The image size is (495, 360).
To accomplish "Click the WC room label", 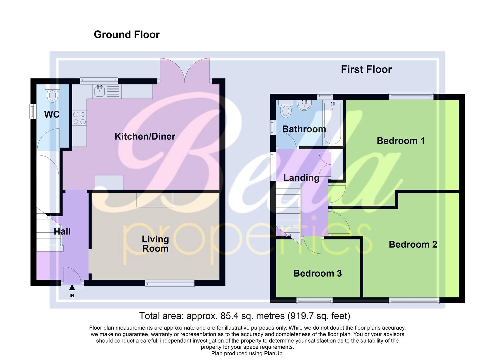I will [52, 115].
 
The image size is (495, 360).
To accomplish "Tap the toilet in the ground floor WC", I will [52, 95].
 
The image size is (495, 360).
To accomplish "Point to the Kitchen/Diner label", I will [145, 136].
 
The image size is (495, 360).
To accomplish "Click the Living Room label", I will [155, 244].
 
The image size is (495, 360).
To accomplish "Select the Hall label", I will [62, 231].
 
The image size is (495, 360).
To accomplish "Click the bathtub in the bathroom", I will [332, 123].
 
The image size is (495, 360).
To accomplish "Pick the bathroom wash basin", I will [304, 105].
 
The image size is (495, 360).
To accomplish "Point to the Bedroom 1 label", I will [401, 141].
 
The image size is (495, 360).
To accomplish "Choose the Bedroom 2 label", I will [413, 244].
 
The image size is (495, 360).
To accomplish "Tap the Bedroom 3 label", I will [317, 273].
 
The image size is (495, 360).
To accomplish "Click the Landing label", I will [301, 178].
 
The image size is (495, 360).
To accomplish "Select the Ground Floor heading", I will [127, 35].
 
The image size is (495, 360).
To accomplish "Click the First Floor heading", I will [366, 69].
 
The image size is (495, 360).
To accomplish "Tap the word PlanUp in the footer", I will [272, 353].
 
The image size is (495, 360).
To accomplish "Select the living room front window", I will [170, 283].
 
